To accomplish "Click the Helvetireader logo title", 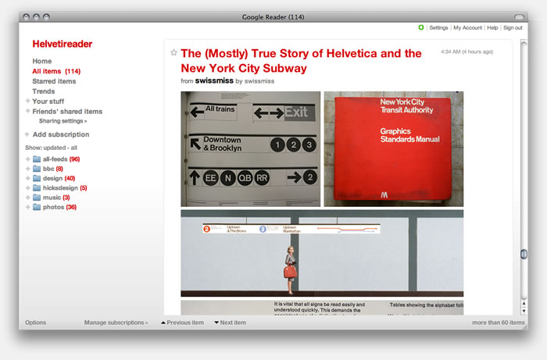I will click(x=63, y=44).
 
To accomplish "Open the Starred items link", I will click(x=54, y=81).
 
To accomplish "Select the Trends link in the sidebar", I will click(x=44, y=91).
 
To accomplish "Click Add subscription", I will click(x=61, y=134).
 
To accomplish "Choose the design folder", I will click(x=53, y=178).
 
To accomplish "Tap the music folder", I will click(x=52, y=198).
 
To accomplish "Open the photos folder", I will click(x=54, y=207).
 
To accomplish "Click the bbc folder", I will click(x=48, y=169).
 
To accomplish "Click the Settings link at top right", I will click(x=438, y=27).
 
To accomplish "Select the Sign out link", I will click(x=513, y=27).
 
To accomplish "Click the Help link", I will click(x=492, y=27).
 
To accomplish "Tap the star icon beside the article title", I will click(x=173, y=53).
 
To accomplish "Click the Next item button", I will click(x=232, y=323).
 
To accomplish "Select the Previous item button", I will click(x=184, y=323).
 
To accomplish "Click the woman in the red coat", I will click(x=291, y=268).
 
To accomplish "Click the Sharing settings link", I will click(x=63, y=121).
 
